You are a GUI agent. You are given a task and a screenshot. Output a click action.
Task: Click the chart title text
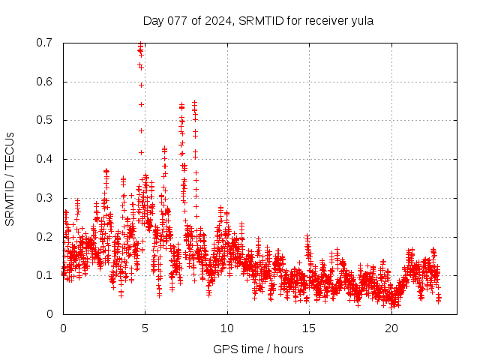(x=258, y=21)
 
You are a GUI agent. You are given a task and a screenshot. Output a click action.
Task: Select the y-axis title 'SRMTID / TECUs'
(x=10, y=178)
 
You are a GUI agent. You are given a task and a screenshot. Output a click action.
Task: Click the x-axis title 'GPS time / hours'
(x=258, y=349)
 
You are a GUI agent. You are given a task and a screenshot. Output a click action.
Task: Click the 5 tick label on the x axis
(x=145, y=328)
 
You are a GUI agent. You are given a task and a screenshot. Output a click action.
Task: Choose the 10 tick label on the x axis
(x=227, y=328)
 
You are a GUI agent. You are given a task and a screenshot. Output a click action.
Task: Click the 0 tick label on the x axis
(x=63, y=328)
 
